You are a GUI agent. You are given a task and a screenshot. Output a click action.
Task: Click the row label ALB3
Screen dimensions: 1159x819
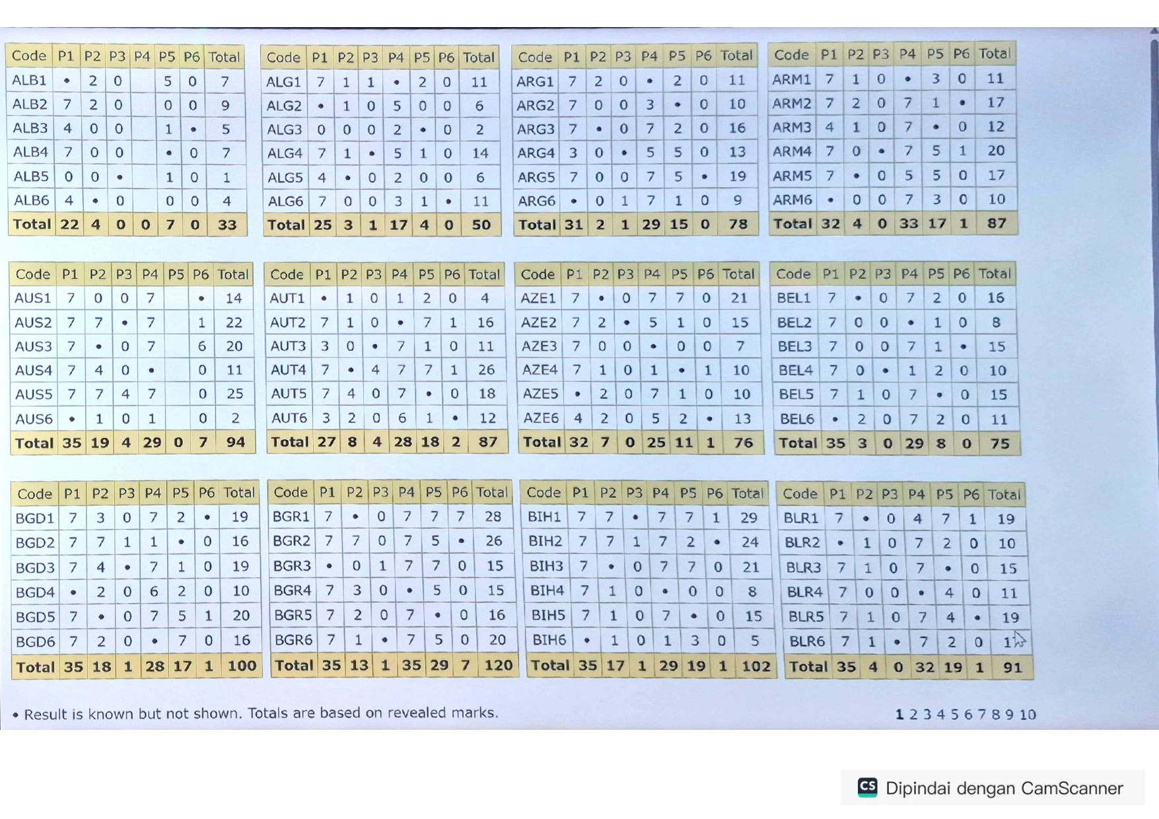[30, 128]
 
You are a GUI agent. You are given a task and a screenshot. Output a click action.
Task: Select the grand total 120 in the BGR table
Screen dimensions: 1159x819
[498, 665]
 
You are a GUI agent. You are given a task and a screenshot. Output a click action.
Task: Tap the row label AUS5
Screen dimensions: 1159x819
[33, 394]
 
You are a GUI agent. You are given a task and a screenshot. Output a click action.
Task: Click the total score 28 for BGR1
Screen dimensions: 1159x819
[493, 516]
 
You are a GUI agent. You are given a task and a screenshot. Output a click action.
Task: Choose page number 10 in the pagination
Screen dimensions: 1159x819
[1028, 714]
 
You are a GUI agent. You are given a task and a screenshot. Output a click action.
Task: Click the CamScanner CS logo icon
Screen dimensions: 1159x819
[867, 787]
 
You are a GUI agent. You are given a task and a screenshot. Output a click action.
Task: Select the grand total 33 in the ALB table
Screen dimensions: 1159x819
[227, 225]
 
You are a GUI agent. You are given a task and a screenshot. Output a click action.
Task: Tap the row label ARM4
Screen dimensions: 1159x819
[792, 151]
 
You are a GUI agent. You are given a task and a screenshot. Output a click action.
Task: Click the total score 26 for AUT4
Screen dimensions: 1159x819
[486, 370]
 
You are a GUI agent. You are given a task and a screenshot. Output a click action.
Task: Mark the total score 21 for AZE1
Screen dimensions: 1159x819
[739, 298]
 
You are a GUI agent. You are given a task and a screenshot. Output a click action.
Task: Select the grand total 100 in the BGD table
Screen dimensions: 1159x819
[242, 666]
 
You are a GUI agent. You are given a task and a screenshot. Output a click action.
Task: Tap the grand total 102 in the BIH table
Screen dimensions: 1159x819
[755, 666]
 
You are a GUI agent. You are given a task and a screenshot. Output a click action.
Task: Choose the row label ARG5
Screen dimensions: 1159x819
[536, 177]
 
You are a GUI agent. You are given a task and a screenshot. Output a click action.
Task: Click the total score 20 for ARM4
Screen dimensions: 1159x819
[996, 151]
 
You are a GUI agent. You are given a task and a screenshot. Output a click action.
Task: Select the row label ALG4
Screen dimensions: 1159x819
[285, 153]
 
